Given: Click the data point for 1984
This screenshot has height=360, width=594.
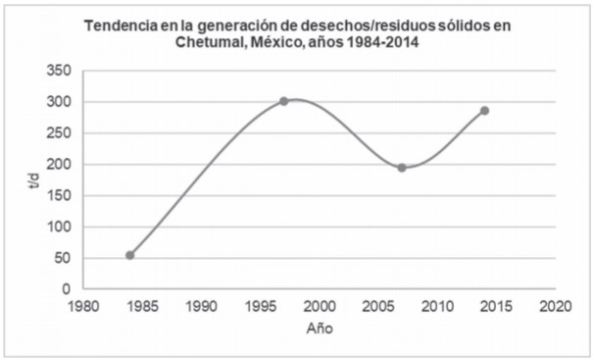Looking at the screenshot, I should tap(130, 255).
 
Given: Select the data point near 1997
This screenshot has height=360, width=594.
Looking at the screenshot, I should tap(284, 101).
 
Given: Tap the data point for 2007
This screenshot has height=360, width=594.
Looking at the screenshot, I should tap(402, 168).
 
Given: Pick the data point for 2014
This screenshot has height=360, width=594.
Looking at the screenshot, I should tap(484, 111).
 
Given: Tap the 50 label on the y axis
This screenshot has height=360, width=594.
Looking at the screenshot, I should tap(63, 258).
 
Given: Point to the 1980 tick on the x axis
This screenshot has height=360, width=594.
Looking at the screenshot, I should tap(83, 305).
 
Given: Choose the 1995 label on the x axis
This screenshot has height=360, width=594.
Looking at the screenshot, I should tap(261, 305).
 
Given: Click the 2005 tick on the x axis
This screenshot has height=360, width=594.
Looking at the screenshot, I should tap(378, 305).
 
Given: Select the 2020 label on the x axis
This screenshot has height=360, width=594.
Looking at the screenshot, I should tap(555, 305).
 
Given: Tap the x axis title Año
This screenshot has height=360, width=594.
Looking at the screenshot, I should tap(320, 329).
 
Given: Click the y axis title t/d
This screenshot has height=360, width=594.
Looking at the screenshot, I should tap(35, 180).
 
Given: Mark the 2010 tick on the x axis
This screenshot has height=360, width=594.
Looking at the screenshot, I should tap(437, 305).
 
